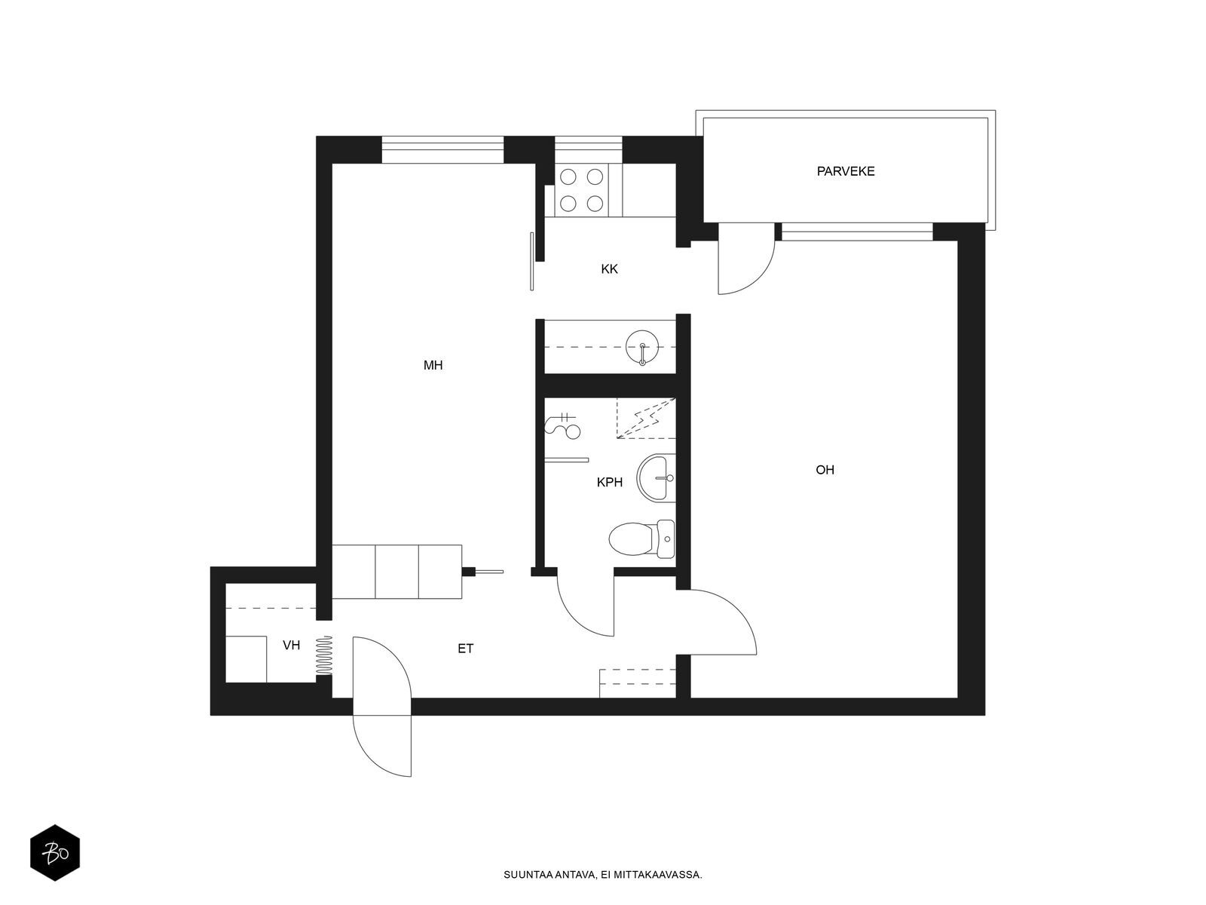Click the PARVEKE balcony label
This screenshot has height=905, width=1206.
[845, 171]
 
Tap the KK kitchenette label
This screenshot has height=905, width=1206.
[609, 269]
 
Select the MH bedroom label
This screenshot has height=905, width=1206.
[433, 366]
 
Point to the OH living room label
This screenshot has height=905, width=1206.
[825, 470]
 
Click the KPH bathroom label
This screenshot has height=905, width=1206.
[609, 483]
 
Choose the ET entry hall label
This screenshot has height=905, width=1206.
[465, 649]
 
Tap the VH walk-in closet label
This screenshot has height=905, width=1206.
[291, 645]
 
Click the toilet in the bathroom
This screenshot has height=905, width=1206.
[641, 539]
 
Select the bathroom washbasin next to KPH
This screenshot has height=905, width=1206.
[656, 477]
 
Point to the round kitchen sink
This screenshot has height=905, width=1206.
[641, 347]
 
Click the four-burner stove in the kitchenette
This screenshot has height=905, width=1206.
[581, 190]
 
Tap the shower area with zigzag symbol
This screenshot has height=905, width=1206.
[646, 418]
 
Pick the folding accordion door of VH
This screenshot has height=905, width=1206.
[324, 655]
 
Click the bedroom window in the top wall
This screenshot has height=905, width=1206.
[442, 149]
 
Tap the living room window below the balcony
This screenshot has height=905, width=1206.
[857, 232]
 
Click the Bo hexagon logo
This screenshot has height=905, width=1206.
[55, 853]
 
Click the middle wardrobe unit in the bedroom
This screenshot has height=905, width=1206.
[396, 572]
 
